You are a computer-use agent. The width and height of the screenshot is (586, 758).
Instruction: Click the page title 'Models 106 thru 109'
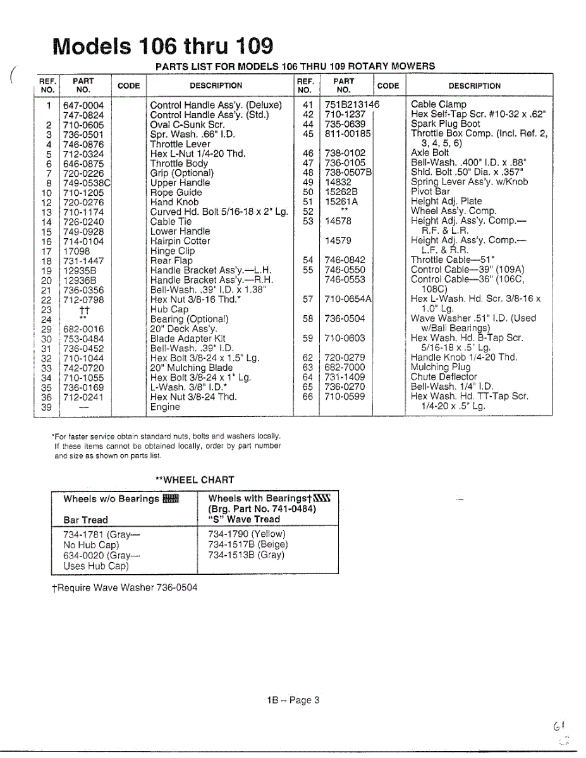click(164, 45)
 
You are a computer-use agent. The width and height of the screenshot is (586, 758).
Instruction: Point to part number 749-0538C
click(87, 183)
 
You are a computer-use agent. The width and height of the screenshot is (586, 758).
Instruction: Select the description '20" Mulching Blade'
click(191, 368)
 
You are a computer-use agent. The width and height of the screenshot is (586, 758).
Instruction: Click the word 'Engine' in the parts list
click(165, 407)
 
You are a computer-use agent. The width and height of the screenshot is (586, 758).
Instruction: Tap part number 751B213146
click(352, 104)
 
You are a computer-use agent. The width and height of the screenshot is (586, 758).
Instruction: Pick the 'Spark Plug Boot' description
click(445, 124)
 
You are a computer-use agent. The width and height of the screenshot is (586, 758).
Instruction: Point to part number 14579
click(338, 241)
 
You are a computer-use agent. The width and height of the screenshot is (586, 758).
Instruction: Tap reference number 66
click(308, 397)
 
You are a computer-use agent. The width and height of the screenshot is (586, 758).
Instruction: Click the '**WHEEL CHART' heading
click(195, 480)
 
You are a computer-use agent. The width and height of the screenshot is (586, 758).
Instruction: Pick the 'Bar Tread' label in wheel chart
click(86, 520)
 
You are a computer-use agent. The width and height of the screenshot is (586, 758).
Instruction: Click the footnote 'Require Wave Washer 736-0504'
click(125, 587)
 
